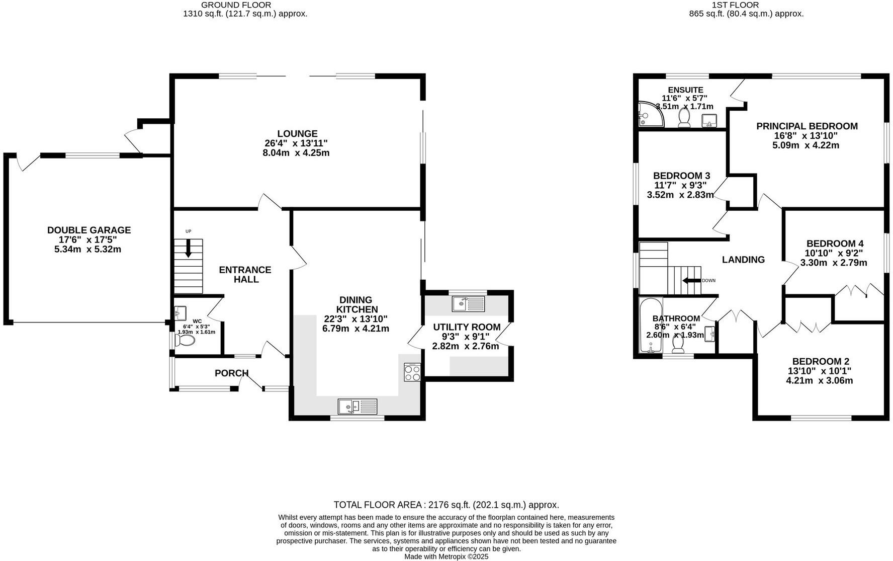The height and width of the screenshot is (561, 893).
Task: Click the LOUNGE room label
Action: (x=297, y=134)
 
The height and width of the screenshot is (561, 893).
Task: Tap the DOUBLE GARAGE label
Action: (x=89, y=230)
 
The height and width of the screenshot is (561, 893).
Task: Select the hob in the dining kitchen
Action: (x=412, y=373)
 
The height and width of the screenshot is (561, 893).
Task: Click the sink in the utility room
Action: (x=468, y=304)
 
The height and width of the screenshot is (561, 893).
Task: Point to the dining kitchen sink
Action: (x=358, y=406)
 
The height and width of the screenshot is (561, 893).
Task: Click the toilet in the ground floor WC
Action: (x=185, y=341)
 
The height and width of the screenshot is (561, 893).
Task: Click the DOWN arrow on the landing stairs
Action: (x=691, y=281)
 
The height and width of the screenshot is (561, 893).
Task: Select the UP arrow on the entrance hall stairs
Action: (x=189, y=248)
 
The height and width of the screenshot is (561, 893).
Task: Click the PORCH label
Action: (x=231, y=373)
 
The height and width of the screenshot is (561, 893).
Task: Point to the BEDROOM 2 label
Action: (x=821, y=362)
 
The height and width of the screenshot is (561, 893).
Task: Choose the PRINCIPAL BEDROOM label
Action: (x=807, y=126)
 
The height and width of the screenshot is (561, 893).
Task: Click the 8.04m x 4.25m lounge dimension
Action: (x=296, y=153)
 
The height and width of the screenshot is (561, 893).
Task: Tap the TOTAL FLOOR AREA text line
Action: (x=446, y=505)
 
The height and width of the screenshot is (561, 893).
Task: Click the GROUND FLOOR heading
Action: (x=236, y=5)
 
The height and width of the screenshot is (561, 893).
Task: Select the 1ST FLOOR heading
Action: (x=735, y=5)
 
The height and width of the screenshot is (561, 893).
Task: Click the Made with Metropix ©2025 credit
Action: (x=446, y=556)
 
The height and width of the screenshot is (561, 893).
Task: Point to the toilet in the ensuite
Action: (x=684, y=117)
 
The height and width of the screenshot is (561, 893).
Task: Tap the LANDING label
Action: (x=743, y=260)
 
